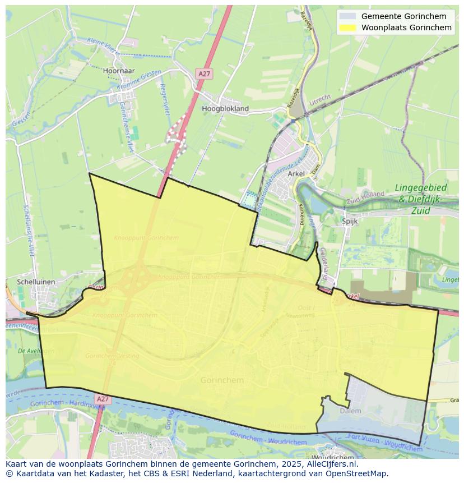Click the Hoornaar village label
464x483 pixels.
pyautogui.click(x=119, y=71)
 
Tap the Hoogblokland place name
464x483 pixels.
pyautogui.click(x=225, y=108)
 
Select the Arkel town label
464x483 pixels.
pyautogui.click(x=296, y=174)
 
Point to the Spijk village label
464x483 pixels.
pyautogui.click(x=350, y=221)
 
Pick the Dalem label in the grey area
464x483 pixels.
pyautogui.click(x=351, y=411)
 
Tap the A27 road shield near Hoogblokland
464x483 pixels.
pyautogui.click(x=204, y=74)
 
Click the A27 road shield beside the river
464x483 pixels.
pyautogui.click(x=102, y=399)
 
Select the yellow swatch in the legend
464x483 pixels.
pyautogui.click(x=347, y=27)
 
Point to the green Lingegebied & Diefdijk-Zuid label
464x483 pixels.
pyautogui.click(x=421, y=198)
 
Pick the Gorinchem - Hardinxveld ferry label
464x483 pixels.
pyautogui.click(x=62, y=404)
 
